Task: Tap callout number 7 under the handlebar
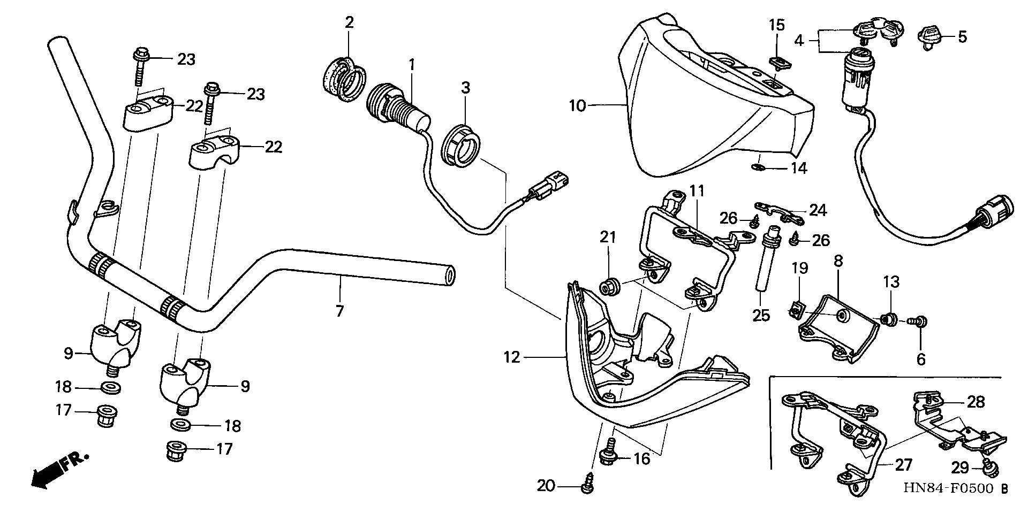339,311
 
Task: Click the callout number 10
578,106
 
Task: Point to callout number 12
512,357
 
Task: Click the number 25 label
761,316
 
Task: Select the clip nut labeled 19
797,308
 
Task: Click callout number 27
903,465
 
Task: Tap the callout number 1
412,65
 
